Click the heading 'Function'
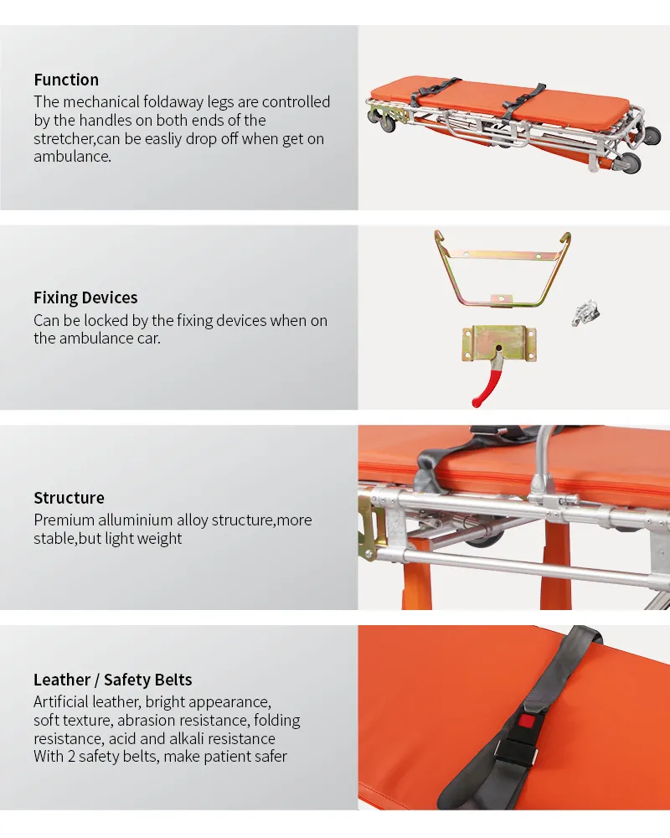point(66,80)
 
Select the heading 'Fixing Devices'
point(85,298)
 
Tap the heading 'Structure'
point(69,499)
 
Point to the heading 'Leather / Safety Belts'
point(113,680)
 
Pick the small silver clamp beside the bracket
point(586,312)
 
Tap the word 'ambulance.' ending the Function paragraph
point(72,157)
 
